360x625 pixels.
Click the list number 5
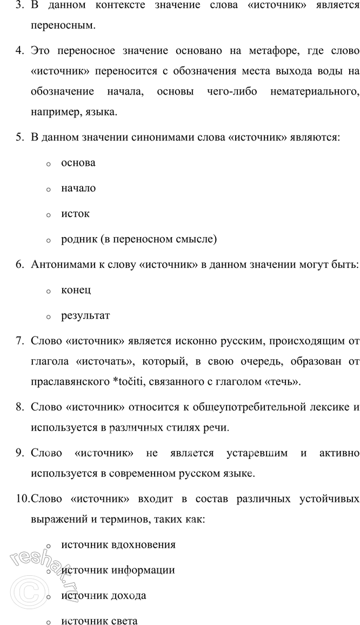point(20,137)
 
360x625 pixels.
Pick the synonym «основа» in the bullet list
point(78,163)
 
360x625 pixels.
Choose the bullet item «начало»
point(78,188)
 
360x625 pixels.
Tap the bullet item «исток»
point(76,213)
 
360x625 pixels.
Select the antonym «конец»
point(76,290)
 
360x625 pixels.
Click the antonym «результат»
point(85,315)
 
